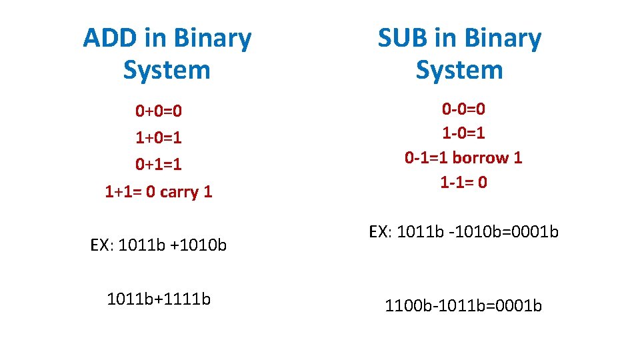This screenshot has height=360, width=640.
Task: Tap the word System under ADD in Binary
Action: (167, 69)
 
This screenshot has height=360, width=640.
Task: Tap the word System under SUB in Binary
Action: (459, 69)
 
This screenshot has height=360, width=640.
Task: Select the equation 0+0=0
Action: (159, 110)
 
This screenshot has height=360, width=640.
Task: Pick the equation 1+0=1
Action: (159, 137)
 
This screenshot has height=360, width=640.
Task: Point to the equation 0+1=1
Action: (159, 164)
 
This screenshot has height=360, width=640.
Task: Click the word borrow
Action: (475, 158)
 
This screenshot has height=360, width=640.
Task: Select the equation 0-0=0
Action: (463, 109)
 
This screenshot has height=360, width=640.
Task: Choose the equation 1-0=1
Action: (463, 133)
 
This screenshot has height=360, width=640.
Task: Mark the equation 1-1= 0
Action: (463, 182)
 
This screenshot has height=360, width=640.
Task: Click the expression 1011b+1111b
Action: (159, 299)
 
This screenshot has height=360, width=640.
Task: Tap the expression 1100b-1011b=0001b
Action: (463, 306)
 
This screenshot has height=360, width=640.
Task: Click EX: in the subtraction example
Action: (381, 232)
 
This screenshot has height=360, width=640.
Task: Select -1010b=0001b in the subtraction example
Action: (509, 232)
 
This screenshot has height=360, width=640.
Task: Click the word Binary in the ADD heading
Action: (211, 39)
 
